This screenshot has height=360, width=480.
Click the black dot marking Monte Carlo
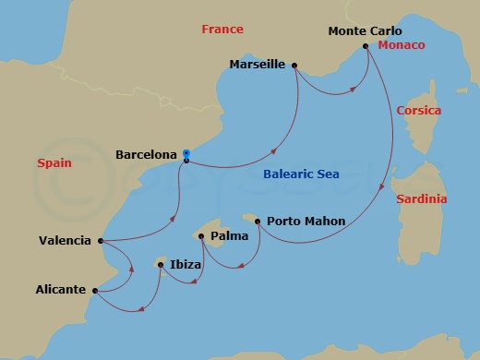pos(366,46)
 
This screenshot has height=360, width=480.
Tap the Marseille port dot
pos(294,66)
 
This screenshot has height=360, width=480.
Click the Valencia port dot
pos(100,241)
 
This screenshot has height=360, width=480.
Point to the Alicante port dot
pos(95,290)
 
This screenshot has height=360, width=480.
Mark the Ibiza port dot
pos(162,266)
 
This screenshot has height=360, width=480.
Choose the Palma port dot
pos(201,236)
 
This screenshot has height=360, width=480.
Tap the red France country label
pos(222,30)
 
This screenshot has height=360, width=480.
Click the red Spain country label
pos(54,162)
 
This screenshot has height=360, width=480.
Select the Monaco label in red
pos(402,45)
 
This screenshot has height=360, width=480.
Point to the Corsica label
pos(418,110)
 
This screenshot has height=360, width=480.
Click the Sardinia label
pos(421,199)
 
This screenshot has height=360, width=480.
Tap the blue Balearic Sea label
pos(300,174)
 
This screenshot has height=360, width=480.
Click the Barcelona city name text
pos(146,155)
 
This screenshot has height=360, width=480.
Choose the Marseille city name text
pos(257,65)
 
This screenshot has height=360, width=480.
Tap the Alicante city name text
pos(62,290)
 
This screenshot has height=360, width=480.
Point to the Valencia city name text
pos(65,241)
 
